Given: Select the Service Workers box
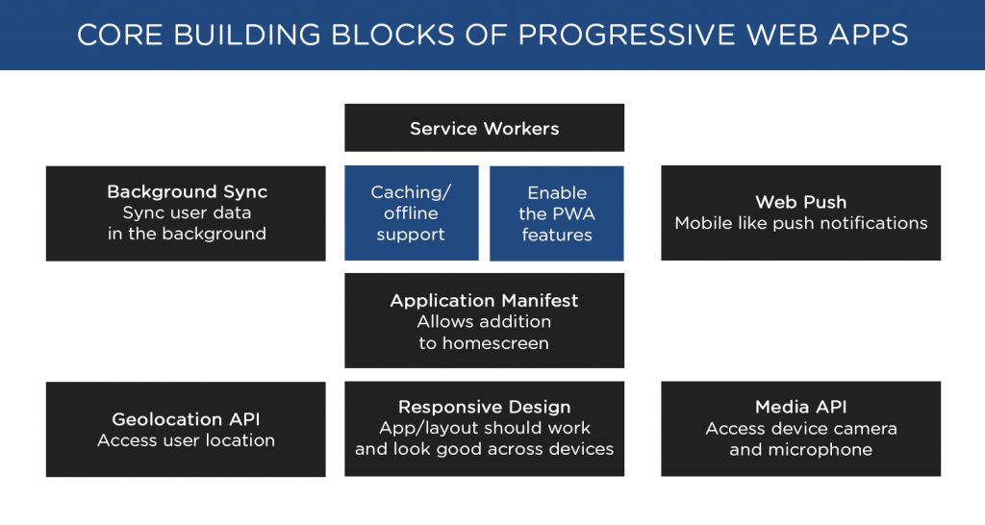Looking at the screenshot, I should tap(484, 128).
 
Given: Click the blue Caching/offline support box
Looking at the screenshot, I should tap(411, 213).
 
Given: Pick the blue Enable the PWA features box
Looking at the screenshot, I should tap(557, 213).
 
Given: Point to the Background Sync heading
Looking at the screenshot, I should tap(187, 192).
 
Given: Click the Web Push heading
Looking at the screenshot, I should tap(800, 202).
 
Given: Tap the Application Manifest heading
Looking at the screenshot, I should tap(484, 300).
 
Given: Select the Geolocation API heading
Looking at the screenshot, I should tap(186, 419).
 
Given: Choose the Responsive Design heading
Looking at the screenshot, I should tap(484, 407).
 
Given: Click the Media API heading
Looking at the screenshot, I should tap(800, 407).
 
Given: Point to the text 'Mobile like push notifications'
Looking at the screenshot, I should tap(800, 223).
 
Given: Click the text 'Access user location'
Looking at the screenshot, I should tap(186, 440).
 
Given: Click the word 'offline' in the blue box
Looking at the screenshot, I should tap(411, 213).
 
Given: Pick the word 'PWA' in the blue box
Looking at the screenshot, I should tap(573, 213).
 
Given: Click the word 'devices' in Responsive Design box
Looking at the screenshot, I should tap(580, 449).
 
